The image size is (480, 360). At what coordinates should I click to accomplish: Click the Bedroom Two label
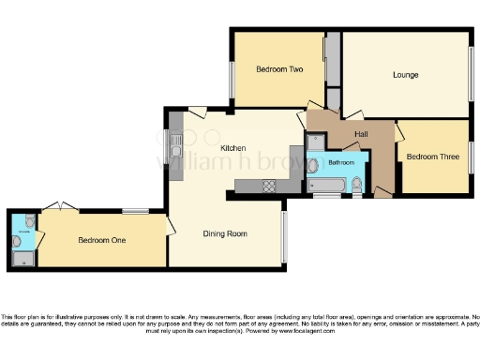(279, 69)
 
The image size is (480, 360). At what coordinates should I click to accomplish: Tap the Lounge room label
(405, 75)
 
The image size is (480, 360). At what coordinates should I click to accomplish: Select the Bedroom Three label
(432, 157)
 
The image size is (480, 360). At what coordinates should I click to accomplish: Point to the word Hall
(361, 135)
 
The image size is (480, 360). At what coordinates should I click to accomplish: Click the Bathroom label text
(340, 163)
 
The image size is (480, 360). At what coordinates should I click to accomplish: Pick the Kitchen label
(232, 148)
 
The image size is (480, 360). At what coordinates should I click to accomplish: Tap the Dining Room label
(225, 233)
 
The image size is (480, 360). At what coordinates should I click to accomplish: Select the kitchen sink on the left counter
(176, 149)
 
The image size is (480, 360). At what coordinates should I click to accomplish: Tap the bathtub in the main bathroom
(328, 185)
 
